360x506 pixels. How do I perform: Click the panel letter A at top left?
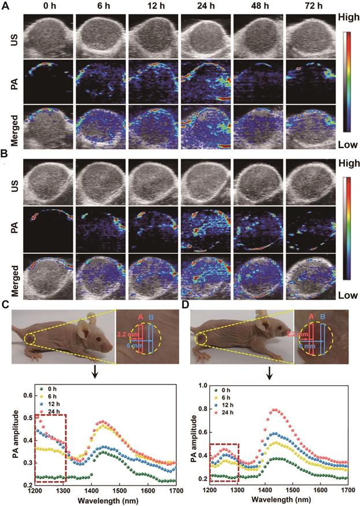point(5,6)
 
